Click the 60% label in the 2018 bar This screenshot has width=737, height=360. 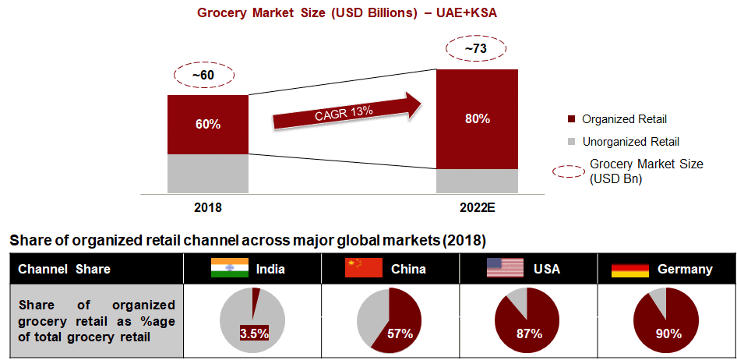click(208, 125)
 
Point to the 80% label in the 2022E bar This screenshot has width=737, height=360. click(477, 119)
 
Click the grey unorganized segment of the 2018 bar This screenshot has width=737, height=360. click(208, 173)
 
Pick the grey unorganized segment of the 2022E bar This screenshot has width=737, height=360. click(477, 181)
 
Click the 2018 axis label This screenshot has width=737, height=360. click(208, 208)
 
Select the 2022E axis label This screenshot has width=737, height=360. click(477, 208)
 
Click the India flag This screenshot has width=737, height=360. click(229, 269)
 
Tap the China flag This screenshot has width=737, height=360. click(364, 269)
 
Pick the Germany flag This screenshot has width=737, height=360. click(629, 269)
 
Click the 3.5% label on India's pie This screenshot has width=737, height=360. click(254, 334)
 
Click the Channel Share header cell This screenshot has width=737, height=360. click(64, 269)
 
